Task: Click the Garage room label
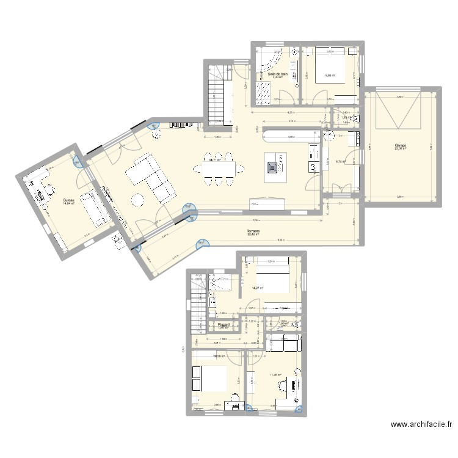click(x=400, y=145)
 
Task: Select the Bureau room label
click(x=67, y=200)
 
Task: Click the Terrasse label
click(x=253, y=231)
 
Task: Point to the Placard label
click(x=224, y=325)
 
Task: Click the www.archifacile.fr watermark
click(x=422, y=424)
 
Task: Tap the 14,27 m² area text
click(x=258, y=288)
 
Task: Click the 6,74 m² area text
click(x=341, y=162)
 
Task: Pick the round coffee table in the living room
click(x=137, y=200)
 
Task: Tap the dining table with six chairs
click(x=216, y=167)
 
